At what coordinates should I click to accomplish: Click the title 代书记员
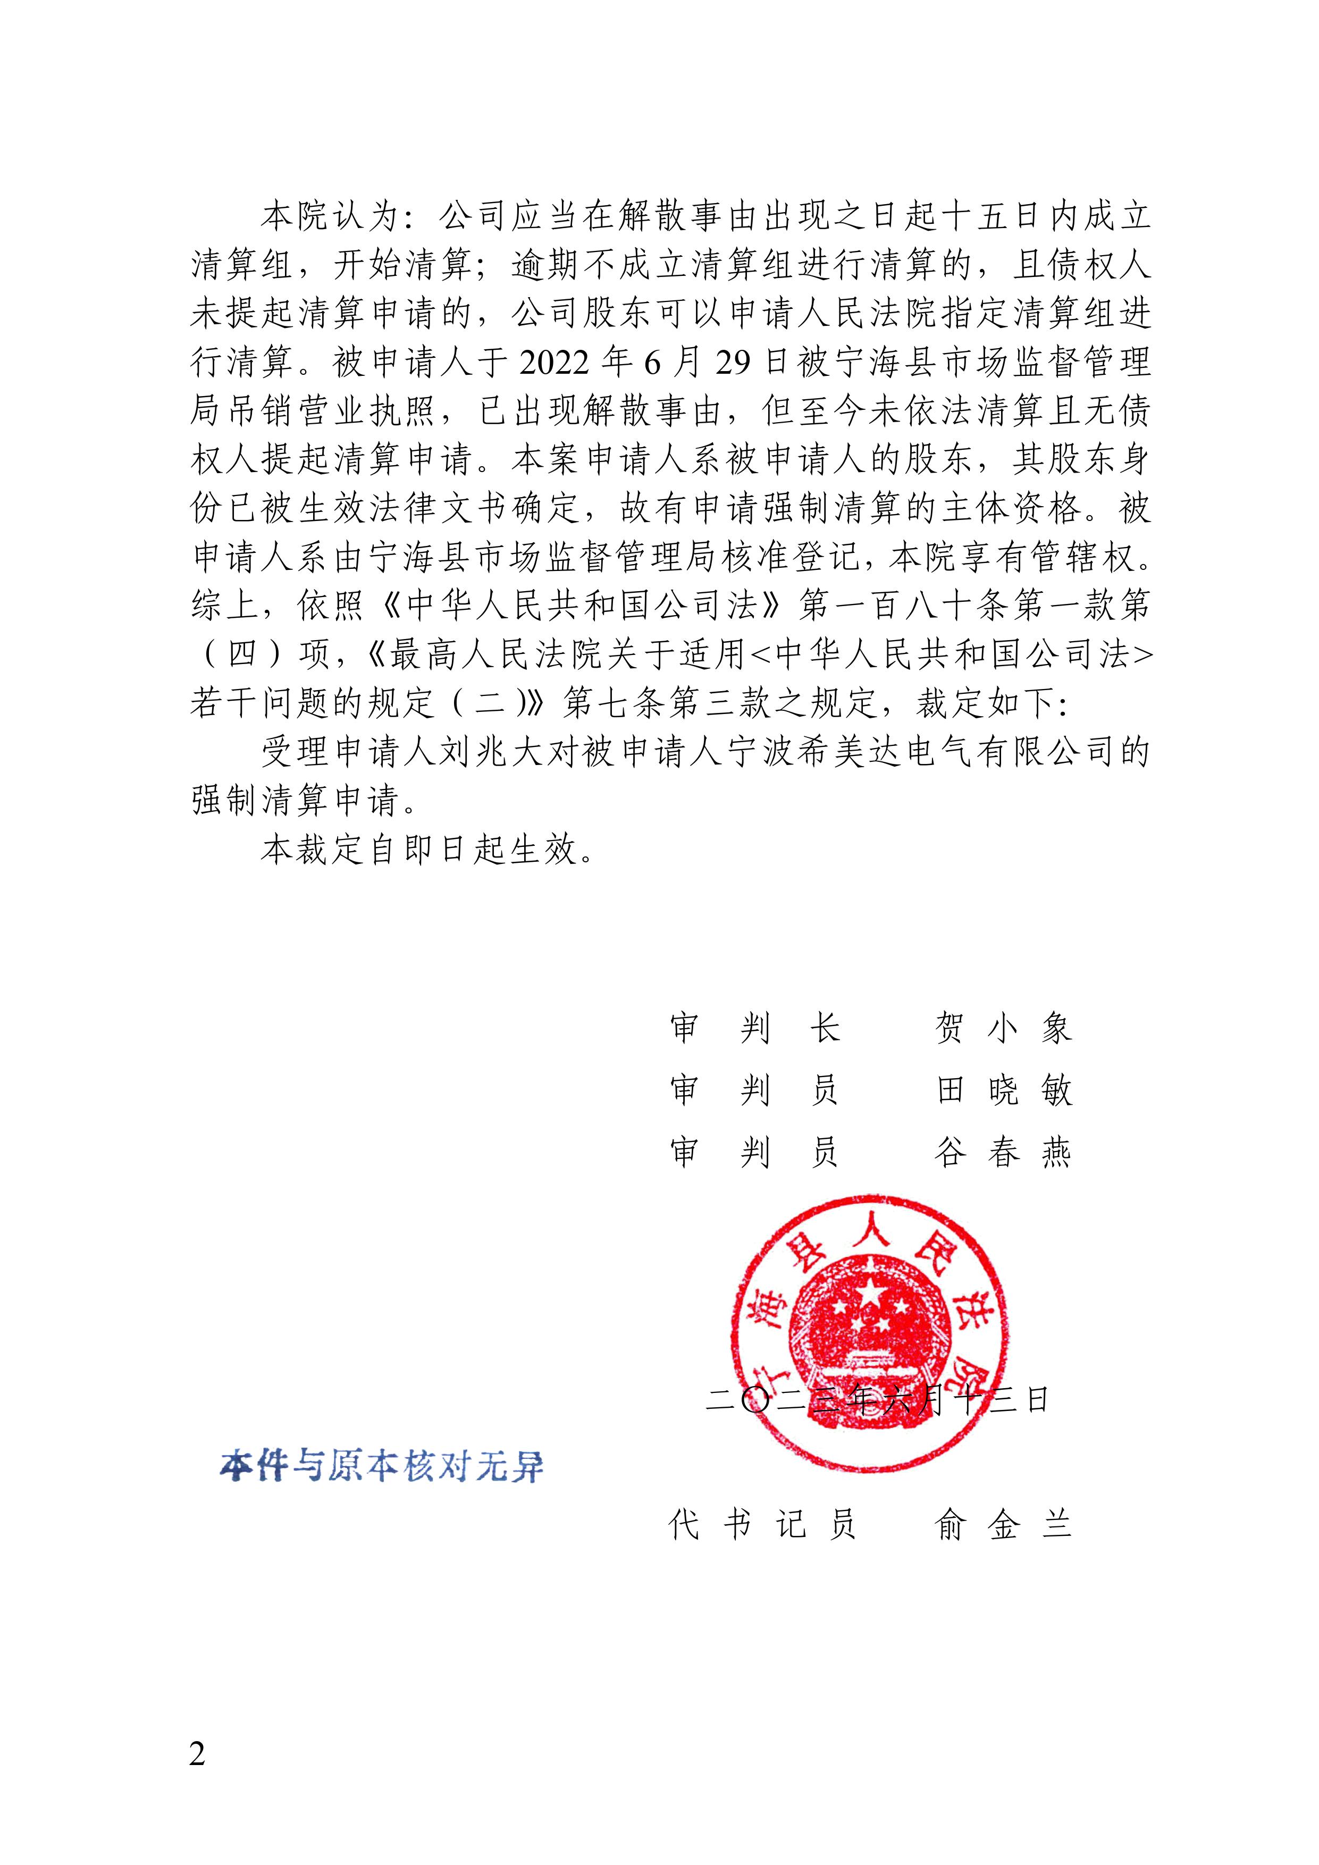point(762,1525)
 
